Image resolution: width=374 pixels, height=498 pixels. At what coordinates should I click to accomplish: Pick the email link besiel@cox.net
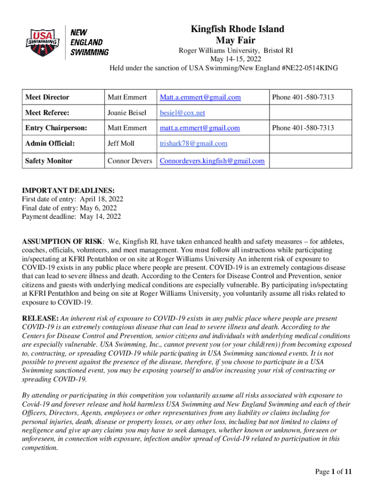point(183,113)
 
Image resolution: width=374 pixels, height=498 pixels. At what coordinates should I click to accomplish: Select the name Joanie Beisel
point(127,113)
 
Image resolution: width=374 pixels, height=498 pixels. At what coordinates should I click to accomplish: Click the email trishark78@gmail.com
point(193,143)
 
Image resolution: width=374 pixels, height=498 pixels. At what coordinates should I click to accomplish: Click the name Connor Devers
point(130,160)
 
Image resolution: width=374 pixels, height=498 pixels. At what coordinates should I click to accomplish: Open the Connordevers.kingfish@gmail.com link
point(212,160)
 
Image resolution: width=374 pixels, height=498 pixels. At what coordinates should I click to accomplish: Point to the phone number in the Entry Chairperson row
point(303,128)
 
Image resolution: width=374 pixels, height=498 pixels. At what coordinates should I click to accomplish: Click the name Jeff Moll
point(121,143)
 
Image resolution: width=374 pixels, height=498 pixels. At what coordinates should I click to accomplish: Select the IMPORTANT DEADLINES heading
point(68,191)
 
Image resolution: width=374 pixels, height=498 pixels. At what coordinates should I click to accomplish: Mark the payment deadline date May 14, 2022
point(101,217)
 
